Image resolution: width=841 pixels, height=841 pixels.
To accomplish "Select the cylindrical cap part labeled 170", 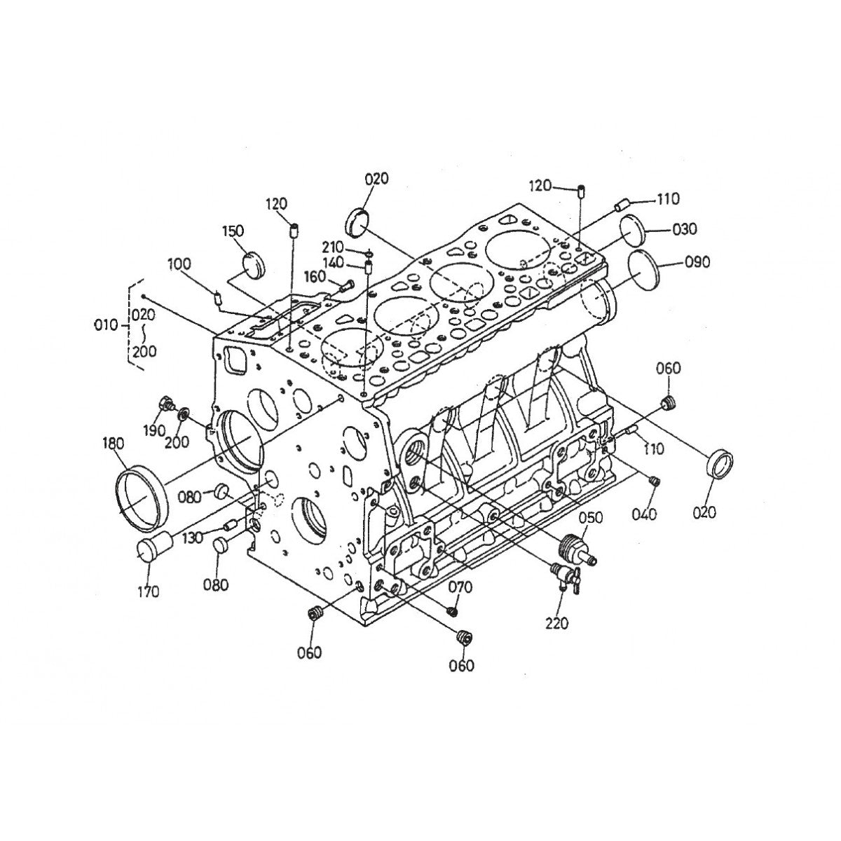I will point(153,547).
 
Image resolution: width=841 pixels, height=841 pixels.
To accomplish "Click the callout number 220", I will point(558,623).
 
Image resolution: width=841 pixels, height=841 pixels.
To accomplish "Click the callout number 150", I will point(233,231).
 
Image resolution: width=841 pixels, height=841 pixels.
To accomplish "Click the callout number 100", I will point(179,265).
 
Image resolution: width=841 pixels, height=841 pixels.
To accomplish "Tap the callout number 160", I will point(315,277).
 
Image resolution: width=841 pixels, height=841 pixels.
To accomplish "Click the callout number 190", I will point(153,430).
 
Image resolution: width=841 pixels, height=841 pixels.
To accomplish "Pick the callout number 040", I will point(643,514).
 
